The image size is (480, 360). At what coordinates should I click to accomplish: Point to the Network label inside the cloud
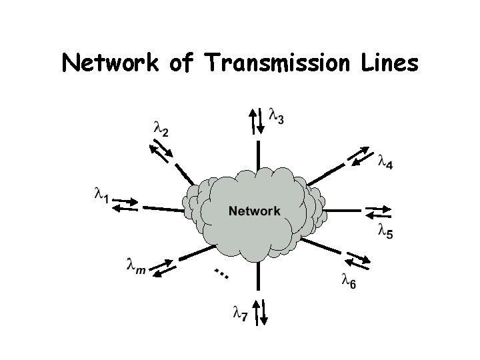(x=255, y=211)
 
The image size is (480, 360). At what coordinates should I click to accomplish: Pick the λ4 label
(x=385, y=162)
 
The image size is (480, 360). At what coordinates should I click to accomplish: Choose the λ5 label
(x=385, y=232)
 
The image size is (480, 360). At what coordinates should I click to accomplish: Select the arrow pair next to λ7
(x=261, y=311)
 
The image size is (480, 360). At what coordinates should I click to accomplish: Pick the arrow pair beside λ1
(x=125, y=203)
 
